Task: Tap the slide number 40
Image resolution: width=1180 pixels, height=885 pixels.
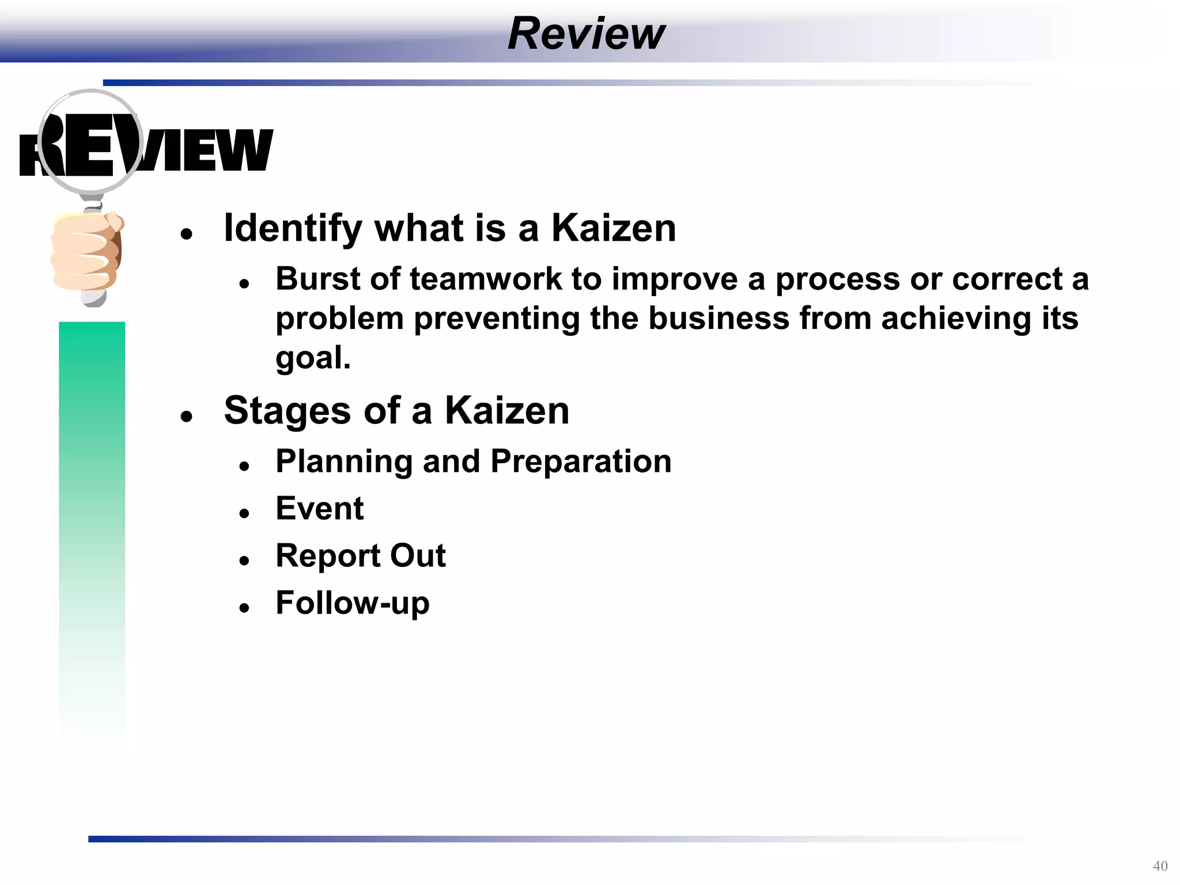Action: [x=1160, y=866]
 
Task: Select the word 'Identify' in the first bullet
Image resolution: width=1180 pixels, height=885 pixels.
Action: [x=293, y=228]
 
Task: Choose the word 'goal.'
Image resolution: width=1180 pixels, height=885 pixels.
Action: [x=313, y=358]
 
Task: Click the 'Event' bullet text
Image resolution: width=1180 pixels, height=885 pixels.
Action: [x=319, y=509]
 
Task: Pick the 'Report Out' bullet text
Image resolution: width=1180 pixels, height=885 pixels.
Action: [x=360, y=556]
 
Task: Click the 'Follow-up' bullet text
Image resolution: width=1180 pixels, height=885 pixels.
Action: [x=352, y=603]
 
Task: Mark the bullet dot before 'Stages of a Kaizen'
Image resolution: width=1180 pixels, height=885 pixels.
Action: [x=186, y=416]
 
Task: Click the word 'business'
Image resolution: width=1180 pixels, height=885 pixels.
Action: [x=718, y=319]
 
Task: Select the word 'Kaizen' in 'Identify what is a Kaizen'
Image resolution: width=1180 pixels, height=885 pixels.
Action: [x=614, y=228]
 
